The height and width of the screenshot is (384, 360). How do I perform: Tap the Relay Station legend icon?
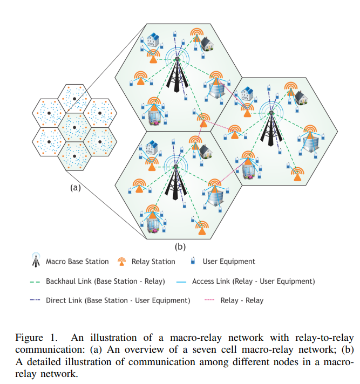tap(122, 262)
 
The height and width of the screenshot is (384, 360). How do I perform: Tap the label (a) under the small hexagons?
tap(76, 188)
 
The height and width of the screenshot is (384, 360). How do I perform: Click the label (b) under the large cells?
tap(180, 248)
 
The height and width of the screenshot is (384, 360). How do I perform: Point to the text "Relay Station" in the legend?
tap(153, 262)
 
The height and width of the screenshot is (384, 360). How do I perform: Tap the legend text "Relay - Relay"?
tap(242, 300)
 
